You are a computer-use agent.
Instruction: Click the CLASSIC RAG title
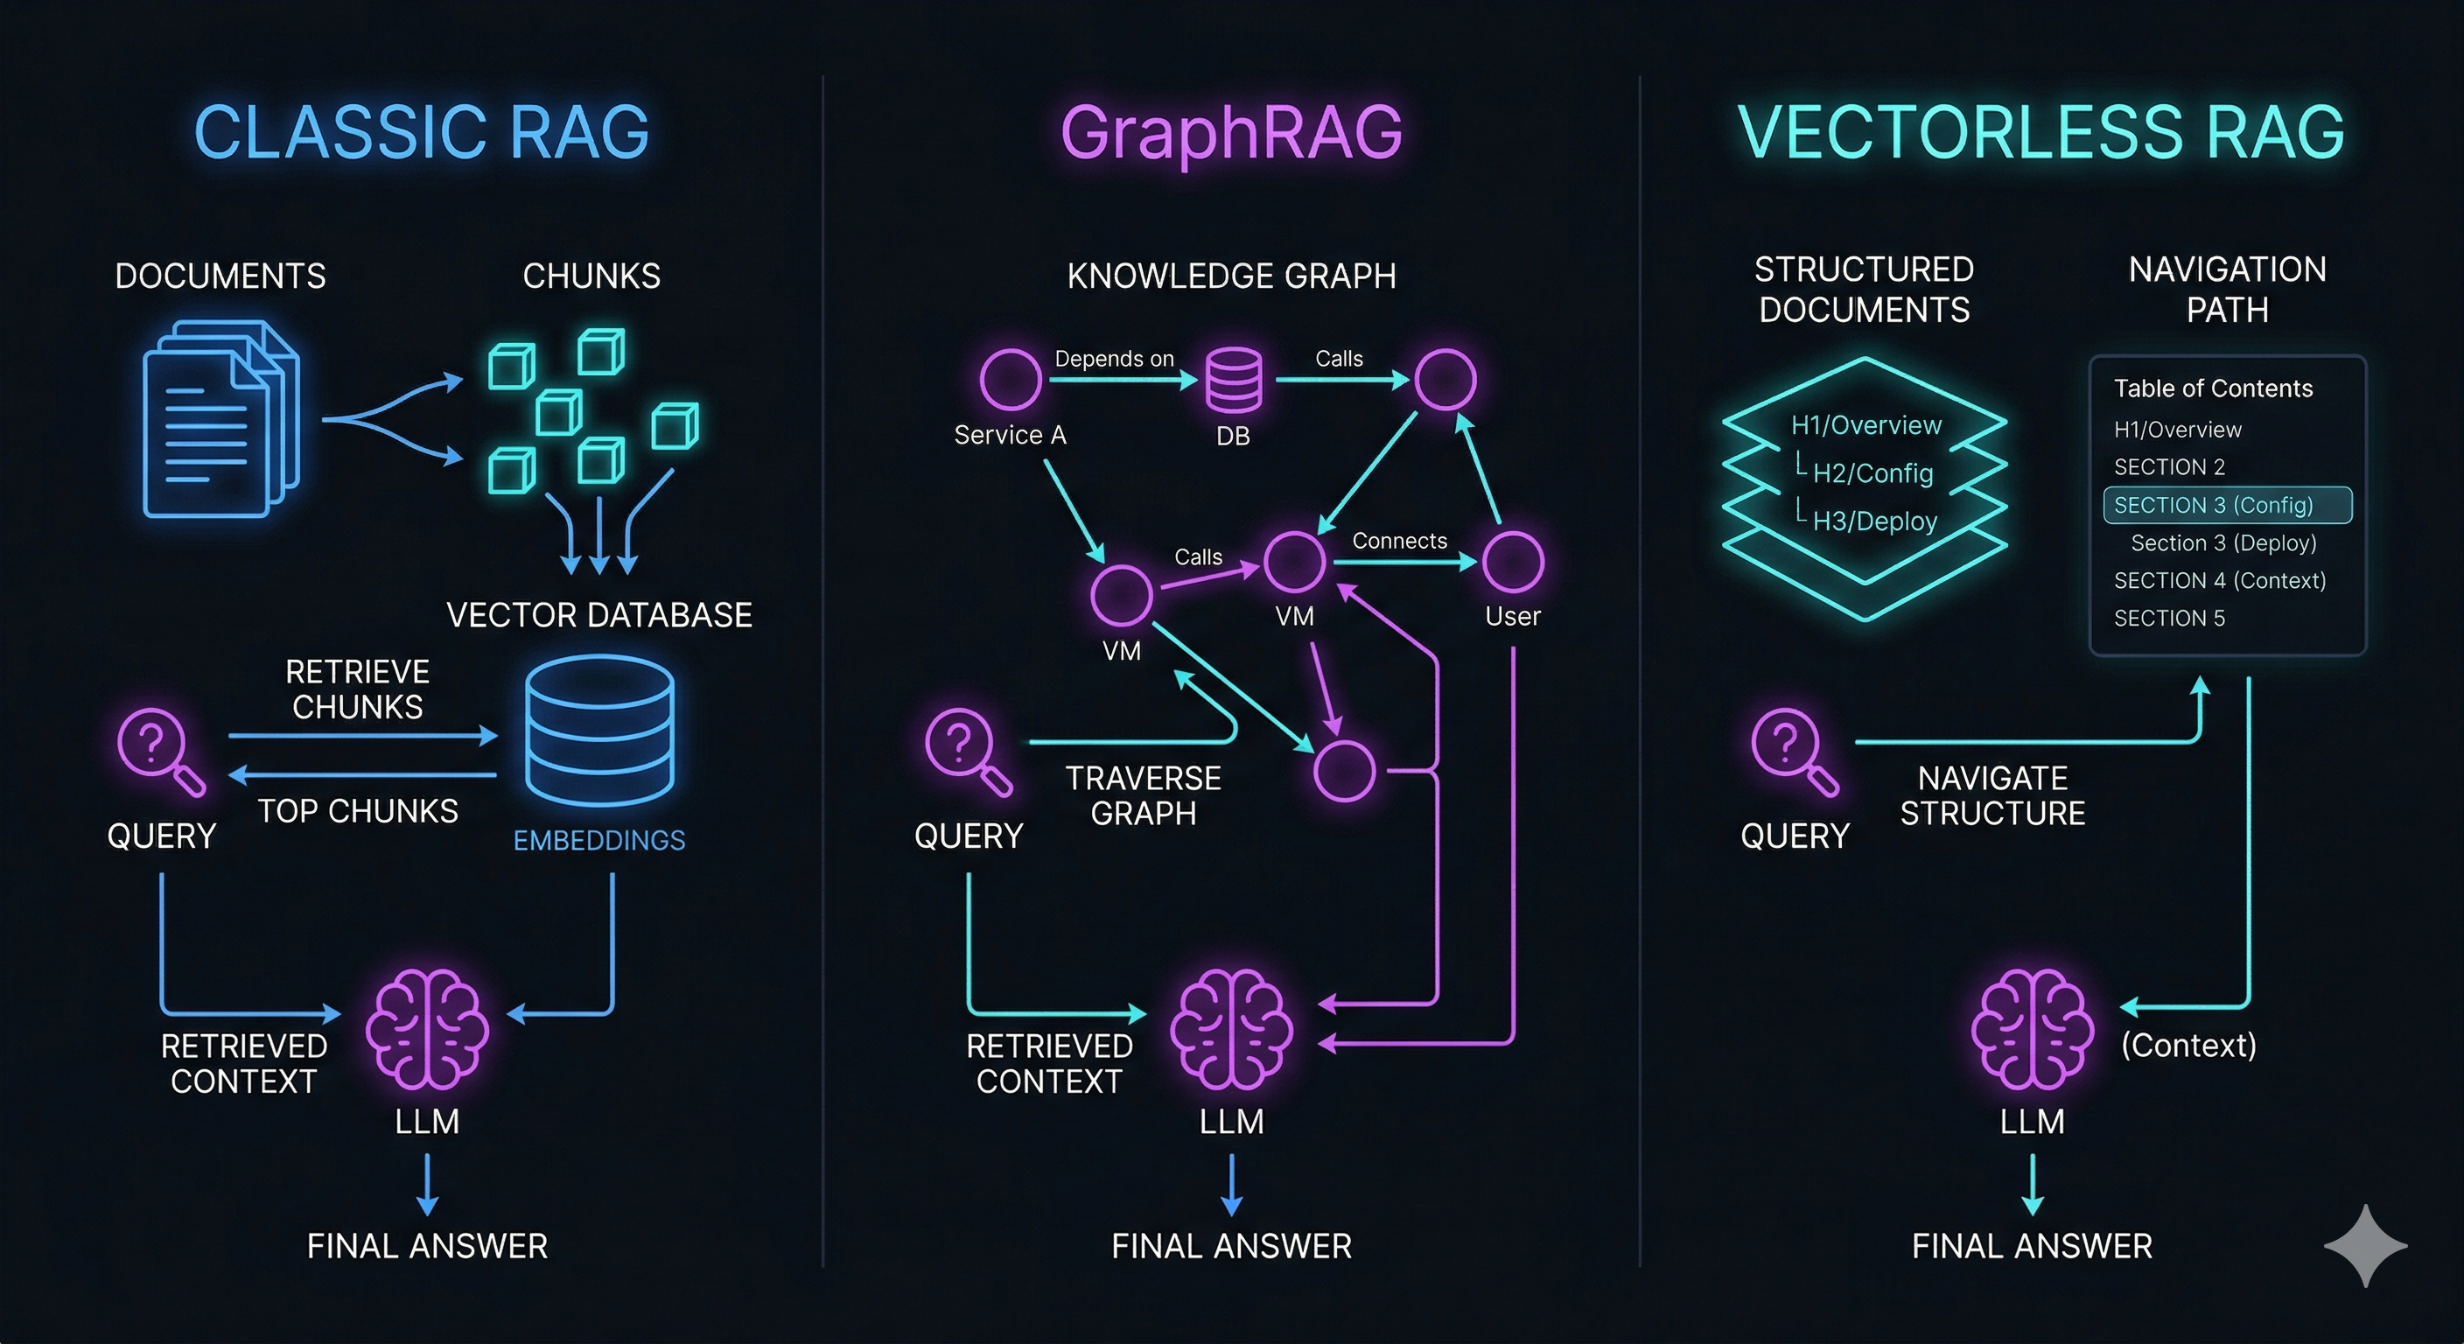pyautogui.click(x=422, y=132)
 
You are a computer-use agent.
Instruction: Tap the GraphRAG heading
pyautogui.click(x=1231, y=135)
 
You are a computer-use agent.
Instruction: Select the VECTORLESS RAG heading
pyautogui.click(x=2041, y=132)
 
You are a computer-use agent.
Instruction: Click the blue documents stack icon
pyautogui.click(x=221, y=419)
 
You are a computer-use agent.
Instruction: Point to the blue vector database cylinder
pyautogui.click(x=599, y=731)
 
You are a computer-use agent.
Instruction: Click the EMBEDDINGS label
pyautogui.click(x=599, y=840)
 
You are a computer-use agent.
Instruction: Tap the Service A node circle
pyautogui.click(x=1010, y=380)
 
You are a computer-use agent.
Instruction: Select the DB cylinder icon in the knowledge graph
pyautogui.click(x=1234, y=381)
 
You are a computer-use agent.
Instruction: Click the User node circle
pyautogui.click(x=1512, y=563)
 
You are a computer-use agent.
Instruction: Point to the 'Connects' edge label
pyautogui.click(x=1399, y=542)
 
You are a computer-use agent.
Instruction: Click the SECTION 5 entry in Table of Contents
pyautogui.click(x=2169, y=618)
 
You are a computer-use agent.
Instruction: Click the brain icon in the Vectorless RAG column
pyautogui.click(x=2032, y=1029)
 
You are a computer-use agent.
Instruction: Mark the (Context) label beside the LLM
pyautogui.click(x=2188, y=1046)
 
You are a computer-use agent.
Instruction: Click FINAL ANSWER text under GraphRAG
pyautogui.click(x=1232, y=1246)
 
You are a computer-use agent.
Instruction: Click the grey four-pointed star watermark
pyautogui.click(x=2365, y=1245)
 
